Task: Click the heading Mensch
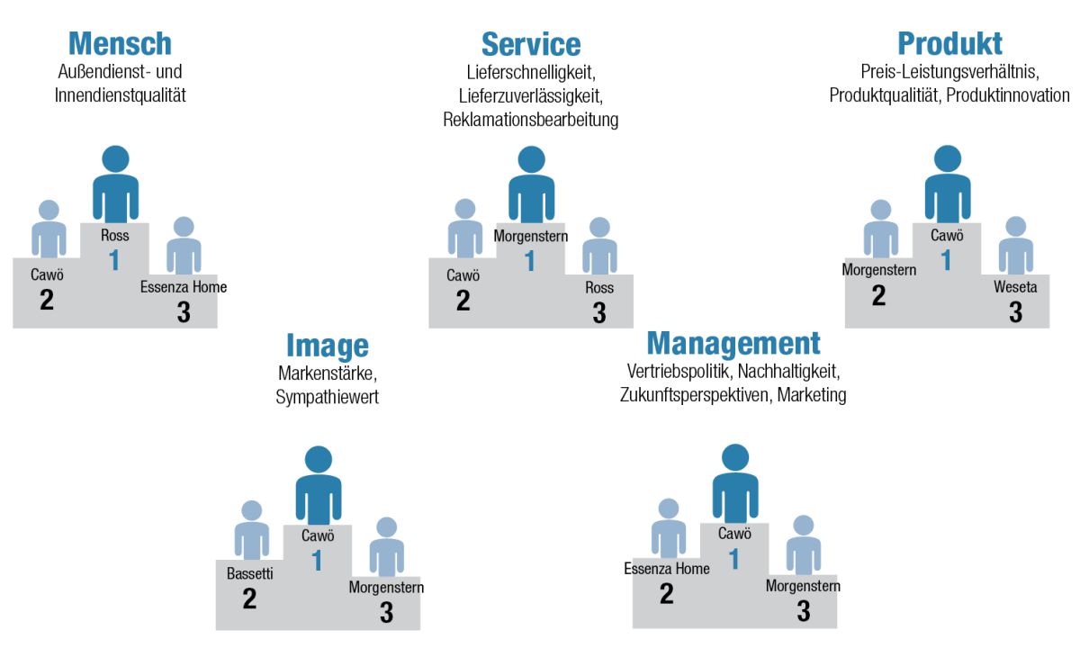[120, 43]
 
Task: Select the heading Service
[531, 44]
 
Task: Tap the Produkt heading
[949, 43]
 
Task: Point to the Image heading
[328, 346]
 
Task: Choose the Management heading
[733, 344]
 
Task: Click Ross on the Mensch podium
[115, 235]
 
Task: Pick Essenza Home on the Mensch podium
[184, 287]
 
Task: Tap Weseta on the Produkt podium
[1015, 287]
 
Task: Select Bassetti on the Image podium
[250, 573]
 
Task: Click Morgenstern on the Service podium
[530, 236]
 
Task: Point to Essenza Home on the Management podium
[667, 569]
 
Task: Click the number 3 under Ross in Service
[599, 312]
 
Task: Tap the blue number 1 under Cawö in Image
[317, 560]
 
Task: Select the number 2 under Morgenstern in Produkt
[878, 295]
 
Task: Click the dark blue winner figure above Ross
[116, 184]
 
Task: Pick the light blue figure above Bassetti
[252, 530]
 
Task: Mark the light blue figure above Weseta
[1016, 246]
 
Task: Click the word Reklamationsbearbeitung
[530, 120]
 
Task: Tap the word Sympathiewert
[327, 397]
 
